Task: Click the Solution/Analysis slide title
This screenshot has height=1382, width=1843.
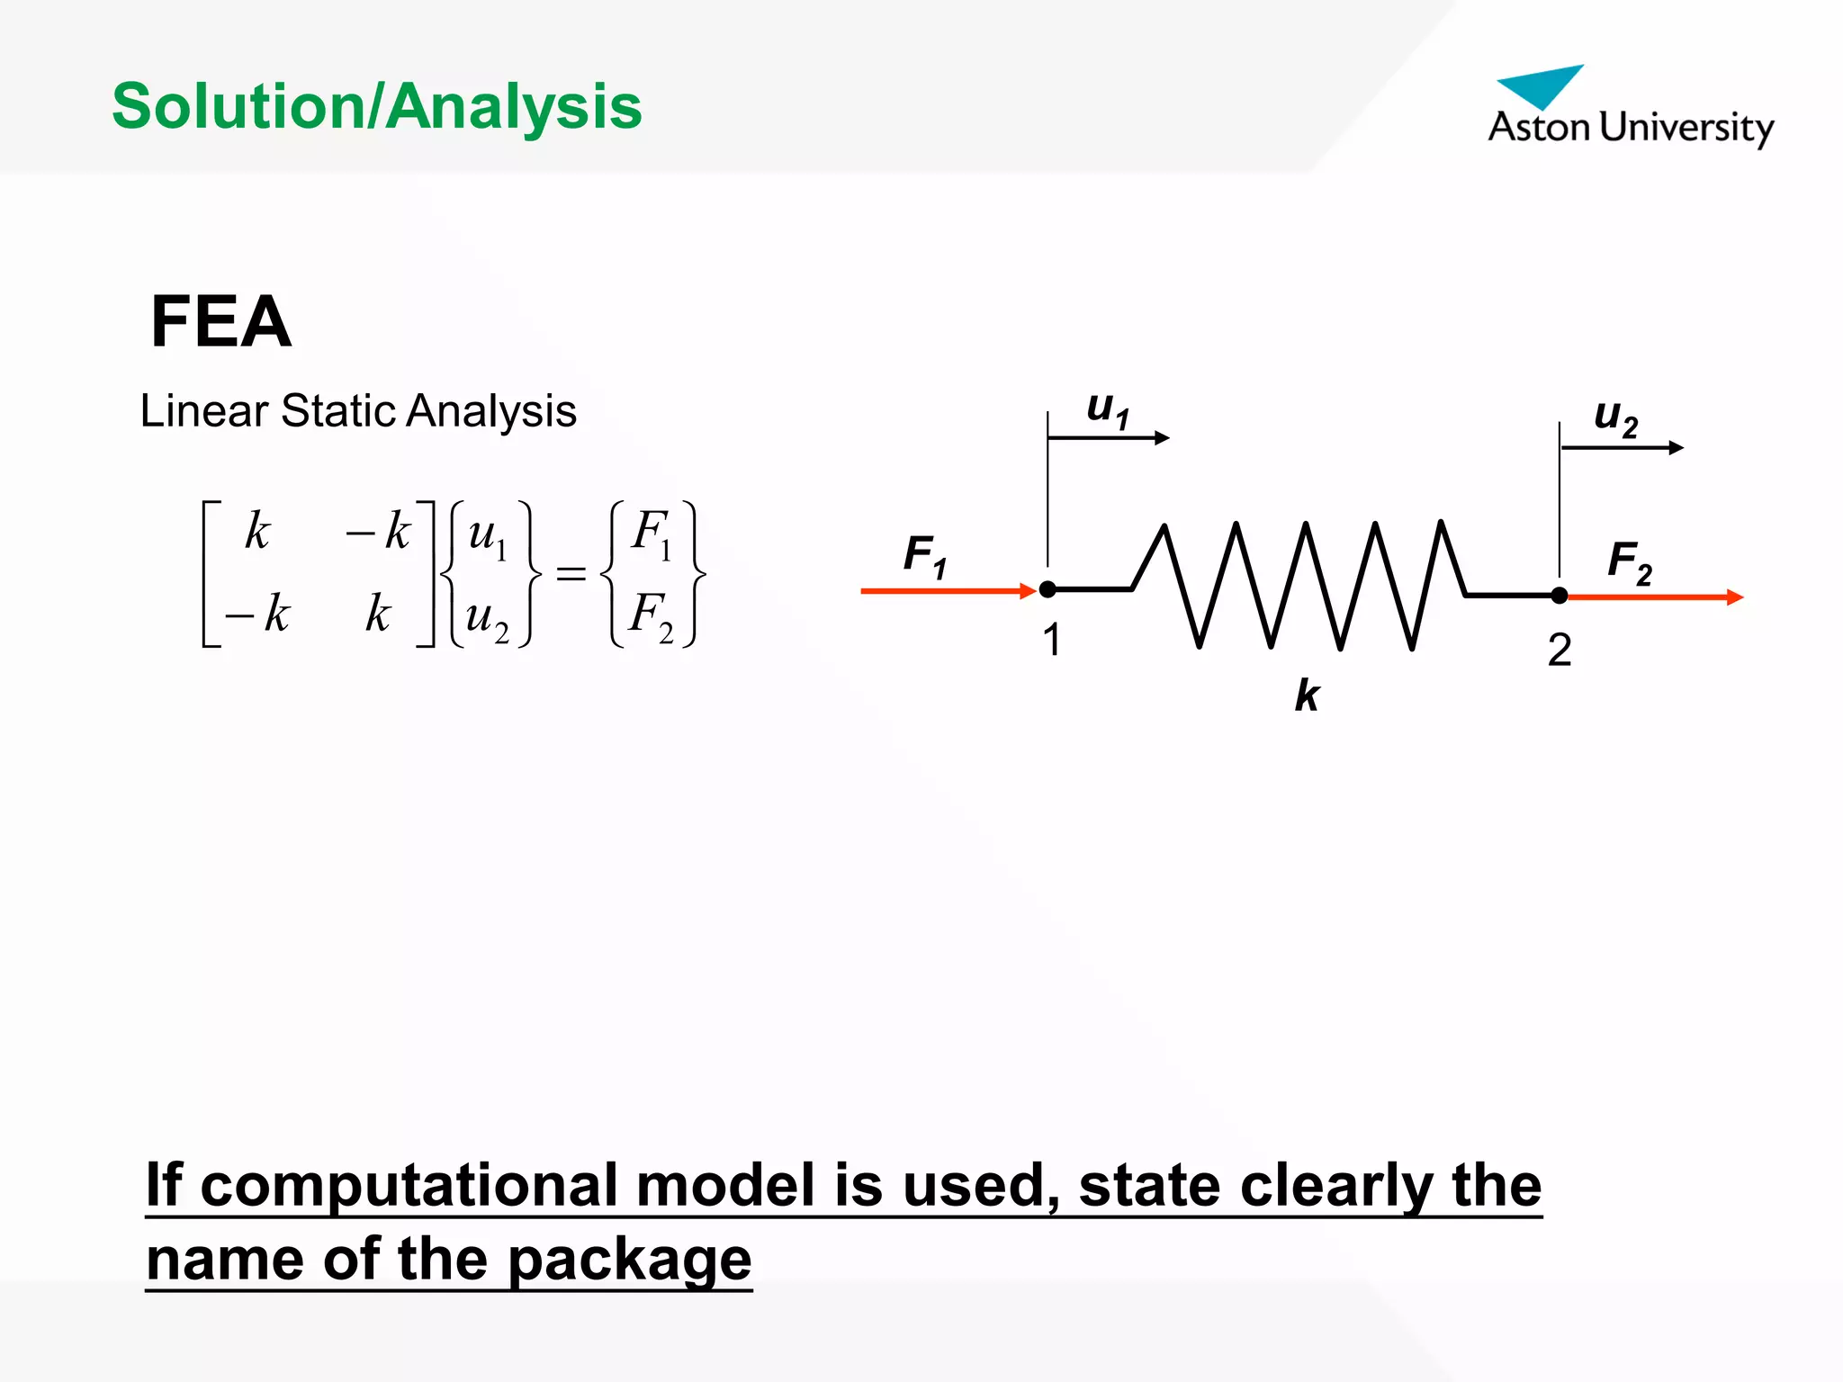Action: [376, 107]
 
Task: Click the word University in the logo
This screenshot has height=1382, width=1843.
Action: [1687, 128]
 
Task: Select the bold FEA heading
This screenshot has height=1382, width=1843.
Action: [221, 321]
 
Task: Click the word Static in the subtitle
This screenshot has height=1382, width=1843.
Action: [337, 411]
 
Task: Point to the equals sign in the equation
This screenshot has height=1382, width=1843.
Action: [571, 573]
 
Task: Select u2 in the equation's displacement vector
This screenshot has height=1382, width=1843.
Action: [487, 618]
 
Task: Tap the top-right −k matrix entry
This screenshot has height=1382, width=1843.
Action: [378, 531]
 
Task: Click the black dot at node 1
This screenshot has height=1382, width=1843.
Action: [1047, 589]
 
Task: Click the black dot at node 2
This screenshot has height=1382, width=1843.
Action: [1560, 596]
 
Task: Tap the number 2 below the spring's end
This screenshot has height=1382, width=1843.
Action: [1560, 650]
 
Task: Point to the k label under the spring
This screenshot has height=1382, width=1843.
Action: [1307, 695]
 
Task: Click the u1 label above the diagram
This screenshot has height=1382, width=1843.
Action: [1108, 409]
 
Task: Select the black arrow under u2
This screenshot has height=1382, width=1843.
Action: [1622, 447]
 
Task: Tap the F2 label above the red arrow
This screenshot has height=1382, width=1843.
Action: [1630, 561]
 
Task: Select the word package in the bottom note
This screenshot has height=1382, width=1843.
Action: [629, 1259]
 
